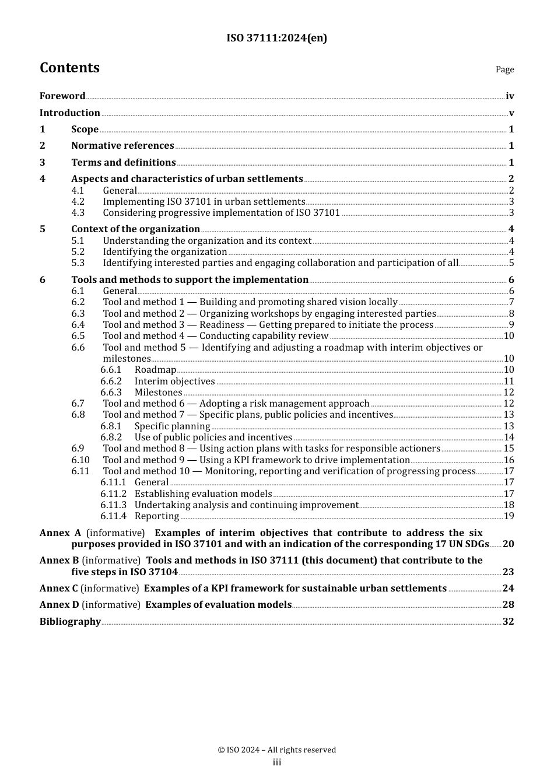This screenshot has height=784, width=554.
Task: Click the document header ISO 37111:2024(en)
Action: pyautogui.click(x=276, y=38)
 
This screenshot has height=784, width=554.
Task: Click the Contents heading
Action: pyautogui.click(x=69, y=68)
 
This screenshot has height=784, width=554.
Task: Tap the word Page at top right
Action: pyautogui.click(x=504, y=69)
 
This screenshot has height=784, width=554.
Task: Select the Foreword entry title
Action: pyautogui.click(x=62, y=96)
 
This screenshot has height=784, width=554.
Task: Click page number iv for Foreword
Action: pyautogui.click(x=510, y=96)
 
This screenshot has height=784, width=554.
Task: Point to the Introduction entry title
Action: pyautogui.click(x=69, y=113)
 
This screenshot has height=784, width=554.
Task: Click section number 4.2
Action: pyautogui.click(x=78, y=202)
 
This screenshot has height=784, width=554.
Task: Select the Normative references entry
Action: pyautogui.click(x=122, y=146)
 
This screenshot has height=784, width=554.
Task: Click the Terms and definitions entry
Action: pyautogui.click(x=123, y=163)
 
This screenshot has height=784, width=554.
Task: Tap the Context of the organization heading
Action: pyautogui.click(x=135, y=229)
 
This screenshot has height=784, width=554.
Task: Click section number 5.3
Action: pyautogui.click(x=78, y=263)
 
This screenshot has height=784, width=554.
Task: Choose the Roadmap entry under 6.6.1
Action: pyautogui.click(x=155, y=370)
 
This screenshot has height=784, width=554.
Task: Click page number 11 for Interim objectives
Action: pyautogui.click(x=509, y=381)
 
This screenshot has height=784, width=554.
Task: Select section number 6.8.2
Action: pyautogui.click(x=111, y=437)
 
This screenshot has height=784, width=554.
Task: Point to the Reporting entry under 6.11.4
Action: pyautogui.click(x=156, y=516)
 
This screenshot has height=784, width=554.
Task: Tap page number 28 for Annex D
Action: pyautogui.click(x=508, y=605)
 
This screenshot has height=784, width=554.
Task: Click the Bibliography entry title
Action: pyautogui.click(x=70, y=622)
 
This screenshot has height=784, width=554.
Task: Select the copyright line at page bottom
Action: pyautogui.click(x=276, y=750)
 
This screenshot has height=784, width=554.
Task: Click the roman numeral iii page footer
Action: pyautogui.click(x=276, y=762)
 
